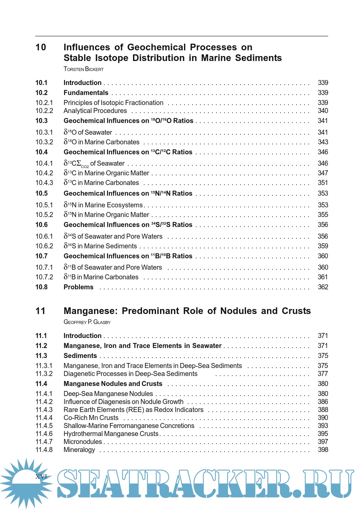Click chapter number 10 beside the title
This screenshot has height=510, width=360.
click(41, 47)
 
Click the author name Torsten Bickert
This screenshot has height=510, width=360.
click(83, 69)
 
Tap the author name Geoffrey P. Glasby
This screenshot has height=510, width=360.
click(87, 322)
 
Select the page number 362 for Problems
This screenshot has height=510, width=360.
click(323, 287)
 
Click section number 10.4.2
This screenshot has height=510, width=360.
click(44, 173)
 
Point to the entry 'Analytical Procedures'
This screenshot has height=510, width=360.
click(95, 111)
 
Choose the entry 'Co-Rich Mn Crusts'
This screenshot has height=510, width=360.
click(91, 418)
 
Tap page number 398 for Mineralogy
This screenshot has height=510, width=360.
click(323, 450)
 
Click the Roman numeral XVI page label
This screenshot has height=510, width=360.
click(41, 477)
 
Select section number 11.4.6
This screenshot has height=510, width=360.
click(44, 434)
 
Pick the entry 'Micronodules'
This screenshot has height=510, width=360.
click(83, 442)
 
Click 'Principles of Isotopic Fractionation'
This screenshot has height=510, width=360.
click(113, 103)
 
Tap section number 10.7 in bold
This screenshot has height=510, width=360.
click(42, 256)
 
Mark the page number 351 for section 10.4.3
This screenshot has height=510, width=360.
click(323, 183)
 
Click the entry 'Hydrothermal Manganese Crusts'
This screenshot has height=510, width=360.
click(111, 434)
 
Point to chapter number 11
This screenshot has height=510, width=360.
click(40, 311)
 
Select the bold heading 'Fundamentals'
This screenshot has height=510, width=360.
click(86, 93)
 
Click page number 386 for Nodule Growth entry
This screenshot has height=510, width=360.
click(323, 402)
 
